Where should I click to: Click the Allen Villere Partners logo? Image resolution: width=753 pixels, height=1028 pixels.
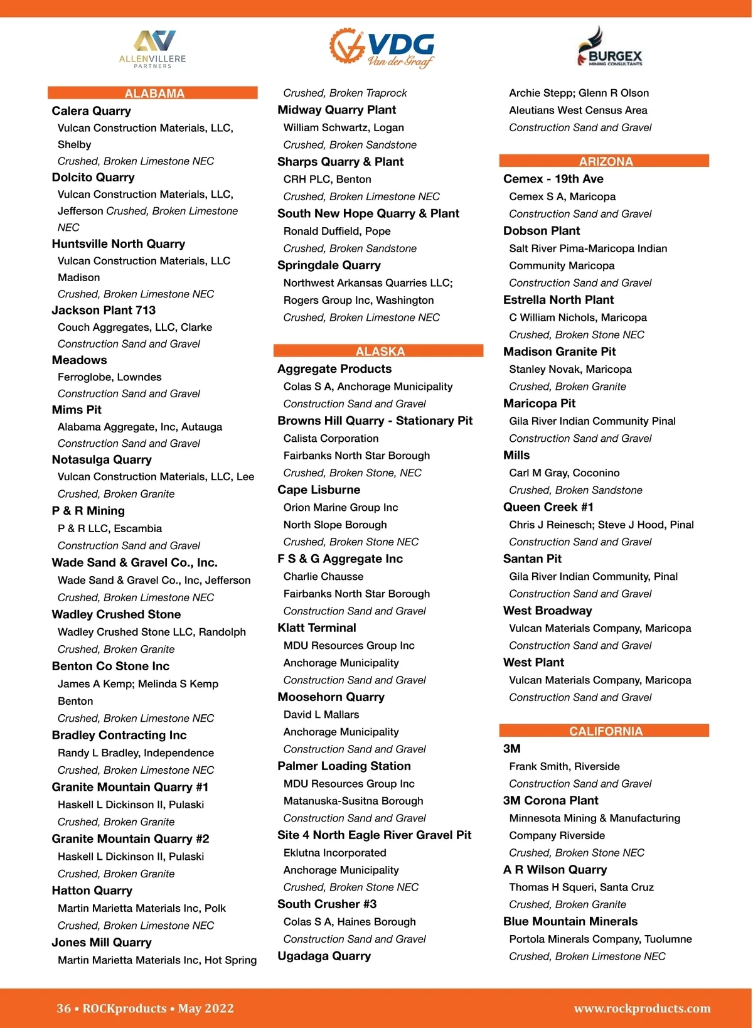[x=152, y=49]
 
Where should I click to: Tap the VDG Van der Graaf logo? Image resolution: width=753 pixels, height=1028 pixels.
[x=382, y=48]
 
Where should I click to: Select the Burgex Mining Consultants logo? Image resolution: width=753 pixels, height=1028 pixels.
[x=609, y=48]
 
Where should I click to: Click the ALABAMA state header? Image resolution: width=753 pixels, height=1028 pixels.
[x=154, y=94]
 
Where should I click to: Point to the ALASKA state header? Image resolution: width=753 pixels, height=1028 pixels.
[x=380, y=351]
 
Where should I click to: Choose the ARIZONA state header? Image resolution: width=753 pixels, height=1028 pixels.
[x=605, y=161]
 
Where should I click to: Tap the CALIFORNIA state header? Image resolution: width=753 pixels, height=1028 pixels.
[x=605, y=731]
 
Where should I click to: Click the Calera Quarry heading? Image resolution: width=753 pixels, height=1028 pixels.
[x=92, y=111]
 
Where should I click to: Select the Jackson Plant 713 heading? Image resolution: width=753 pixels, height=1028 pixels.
[x=104, y=310]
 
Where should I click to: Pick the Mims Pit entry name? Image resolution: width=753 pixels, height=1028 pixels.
[x=77, y=410]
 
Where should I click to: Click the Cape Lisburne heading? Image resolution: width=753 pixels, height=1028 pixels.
[x=319, y=490]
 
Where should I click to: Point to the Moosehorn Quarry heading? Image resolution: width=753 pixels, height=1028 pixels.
[x=331, y=697]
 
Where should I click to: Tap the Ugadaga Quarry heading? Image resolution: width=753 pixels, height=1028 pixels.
[x=324, y=956]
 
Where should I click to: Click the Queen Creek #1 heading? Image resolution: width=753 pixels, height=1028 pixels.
[x=548, y=507]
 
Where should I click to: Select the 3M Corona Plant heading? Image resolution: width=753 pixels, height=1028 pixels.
[x=550, y=801]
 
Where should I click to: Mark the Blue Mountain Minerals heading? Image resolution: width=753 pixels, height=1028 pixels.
[x=570, y=922]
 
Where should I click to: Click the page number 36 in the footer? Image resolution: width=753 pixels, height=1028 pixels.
[x=63, y=1009]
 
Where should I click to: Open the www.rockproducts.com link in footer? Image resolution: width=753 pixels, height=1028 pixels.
[x=642, y=1009]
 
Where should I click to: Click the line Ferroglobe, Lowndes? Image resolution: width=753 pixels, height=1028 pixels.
[x=110, y=377]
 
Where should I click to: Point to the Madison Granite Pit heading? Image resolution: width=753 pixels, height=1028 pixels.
[x=559, y=352]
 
